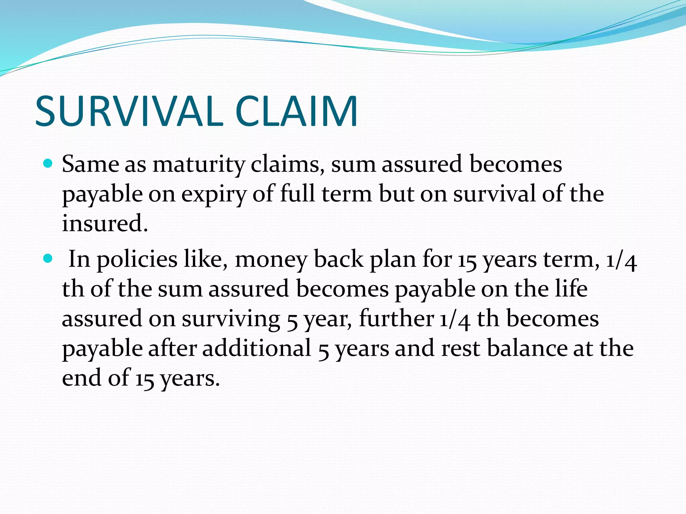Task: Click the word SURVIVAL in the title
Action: [x=129, y=111]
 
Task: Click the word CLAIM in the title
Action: [x=296, y=111]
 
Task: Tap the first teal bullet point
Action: [x=48, y=164]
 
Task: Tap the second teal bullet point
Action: [x=48, y=258]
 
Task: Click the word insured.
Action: [x=105, y=223]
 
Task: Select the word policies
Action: [x=137, y=260]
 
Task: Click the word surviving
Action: [x=231, y=319]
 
